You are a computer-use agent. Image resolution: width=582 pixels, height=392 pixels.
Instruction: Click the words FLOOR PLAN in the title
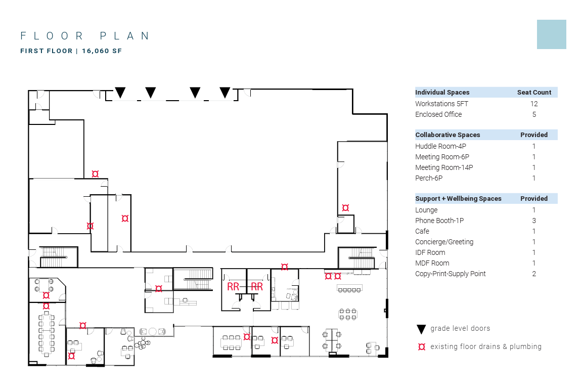[x=85, y=36]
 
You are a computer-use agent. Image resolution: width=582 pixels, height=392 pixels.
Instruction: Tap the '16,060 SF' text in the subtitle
[x=102, y=51]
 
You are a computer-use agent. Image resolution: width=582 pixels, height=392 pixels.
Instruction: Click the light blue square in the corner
[x=552, y=34]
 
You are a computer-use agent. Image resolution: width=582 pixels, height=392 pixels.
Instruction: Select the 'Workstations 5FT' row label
[x=442, y=104]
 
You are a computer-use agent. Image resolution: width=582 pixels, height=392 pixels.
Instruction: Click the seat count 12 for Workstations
[x=534, y=104]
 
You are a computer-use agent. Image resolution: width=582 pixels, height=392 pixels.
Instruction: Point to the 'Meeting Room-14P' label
[x=444, y=167]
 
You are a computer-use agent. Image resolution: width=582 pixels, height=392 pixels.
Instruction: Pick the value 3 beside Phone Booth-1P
[x=534, y=221]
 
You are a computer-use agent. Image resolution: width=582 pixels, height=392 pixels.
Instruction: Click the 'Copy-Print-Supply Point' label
[x=450, y=274]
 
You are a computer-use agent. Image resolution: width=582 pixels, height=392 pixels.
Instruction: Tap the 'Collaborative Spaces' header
[x=447, y=135]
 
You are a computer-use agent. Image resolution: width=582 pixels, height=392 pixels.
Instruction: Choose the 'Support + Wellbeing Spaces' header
[x=459, y=199]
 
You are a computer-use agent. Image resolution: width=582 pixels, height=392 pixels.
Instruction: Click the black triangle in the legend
[x=421, y=329]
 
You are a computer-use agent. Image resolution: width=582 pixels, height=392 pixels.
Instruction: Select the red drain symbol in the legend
[x=422, y=346]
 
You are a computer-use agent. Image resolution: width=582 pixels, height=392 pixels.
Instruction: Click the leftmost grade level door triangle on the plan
[x=120, y=92]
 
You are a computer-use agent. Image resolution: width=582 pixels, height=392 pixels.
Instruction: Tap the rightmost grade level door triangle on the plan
[x=225, y=92]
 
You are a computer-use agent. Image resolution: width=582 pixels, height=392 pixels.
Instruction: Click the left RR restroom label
[x=233, y=287]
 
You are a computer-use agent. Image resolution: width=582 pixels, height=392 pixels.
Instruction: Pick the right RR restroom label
[x=257, y=287]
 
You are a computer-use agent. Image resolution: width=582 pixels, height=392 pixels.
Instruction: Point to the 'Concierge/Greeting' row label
[x=444, y=242]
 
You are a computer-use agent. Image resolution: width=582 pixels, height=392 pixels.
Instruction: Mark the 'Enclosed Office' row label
[x=438, y=114]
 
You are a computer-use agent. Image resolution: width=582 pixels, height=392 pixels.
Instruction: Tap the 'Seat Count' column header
[x=534, y=93]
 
